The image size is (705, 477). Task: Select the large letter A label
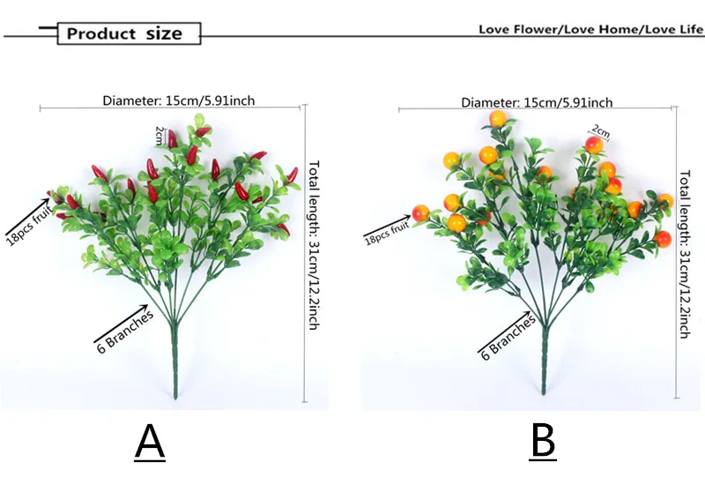(151, 443)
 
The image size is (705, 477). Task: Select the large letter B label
(543, 442)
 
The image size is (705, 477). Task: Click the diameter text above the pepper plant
(179, 101)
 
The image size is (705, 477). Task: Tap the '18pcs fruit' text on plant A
(26, 209)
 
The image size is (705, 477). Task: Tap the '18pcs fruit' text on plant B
(387, 231)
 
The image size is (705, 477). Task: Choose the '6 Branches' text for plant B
(508, 336)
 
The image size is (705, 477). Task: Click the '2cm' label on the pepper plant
(160, 135)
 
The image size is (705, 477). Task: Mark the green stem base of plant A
(174, 370)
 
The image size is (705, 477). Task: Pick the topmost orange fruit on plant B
(499, 119)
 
